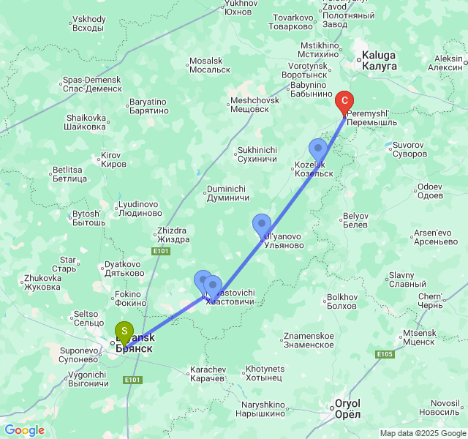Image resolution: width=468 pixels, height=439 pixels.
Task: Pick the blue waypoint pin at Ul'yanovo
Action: (261, 225)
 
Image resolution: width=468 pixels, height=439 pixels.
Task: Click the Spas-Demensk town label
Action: (92, 84)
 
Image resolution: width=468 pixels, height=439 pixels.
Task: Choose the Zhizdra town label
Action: (173, 235)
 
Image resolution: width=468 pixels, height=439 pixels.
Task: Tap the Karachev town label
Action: (208, 374)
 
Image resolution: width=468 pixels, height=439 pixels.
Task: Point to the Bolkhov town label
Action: (342, 301)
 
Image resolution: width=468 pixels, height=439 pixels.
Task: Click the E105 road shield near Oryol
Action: (385, 354)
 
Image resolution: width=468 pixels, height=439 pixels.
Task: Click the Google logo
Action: (24, 430)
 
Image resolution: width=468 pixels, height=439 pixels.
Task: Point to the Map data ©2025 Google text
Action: (422, 433)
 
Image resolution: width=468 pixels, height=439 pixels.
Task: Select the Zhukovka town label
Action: (42, 282)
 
